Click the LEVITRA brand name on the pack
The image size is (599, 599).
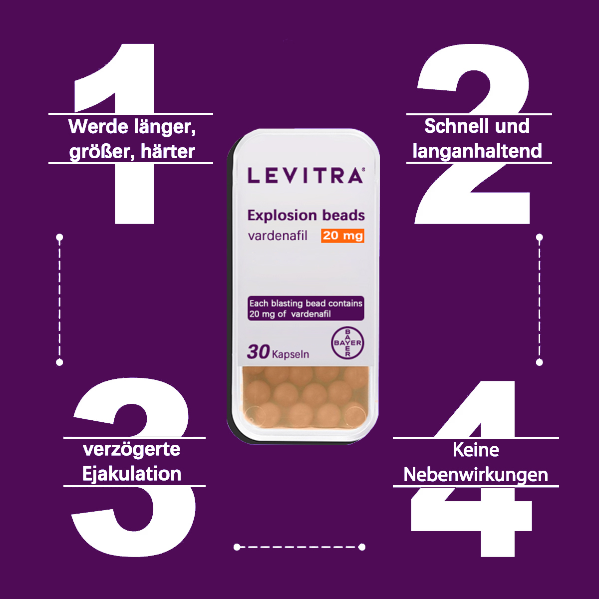point(305,176)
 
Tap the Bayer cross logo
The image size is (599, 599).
point(347,343)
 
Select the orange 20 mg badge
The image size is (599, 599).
point(342,236)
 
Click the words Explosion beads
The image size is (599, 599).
point(306,215)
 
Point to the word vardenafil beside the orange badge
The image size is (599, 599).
point(278,236)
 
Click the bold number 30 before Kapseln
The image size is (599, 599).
point(258,351)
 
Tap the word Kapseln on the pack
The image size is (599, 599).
point(291,354)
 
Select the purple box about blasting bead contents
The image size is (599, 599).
point(306,308)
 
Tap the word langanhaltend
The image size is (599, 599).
point(477,151)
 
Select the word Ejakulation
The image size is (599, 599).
point(131,474)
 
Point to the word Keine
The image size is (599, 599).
point(476,450)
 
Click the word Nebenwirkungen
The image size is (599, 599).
point(476,475)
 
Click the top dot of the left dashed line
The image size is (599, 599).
point(59,238)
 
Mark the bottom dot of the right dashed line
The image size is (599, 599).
point(539,362)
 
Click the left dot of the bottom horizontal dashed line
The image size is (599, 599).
point(237,547)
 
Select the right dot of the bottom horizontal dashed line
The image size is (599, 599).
point(362,547)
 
